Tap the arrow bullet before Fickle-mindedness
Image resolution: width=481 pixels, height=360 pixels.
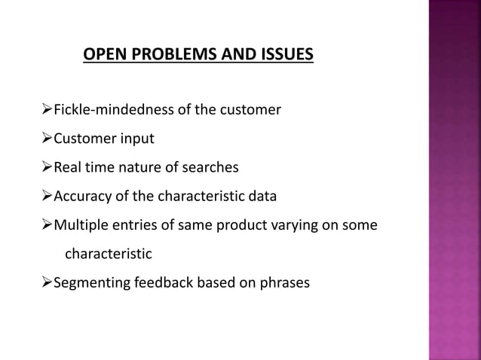44,111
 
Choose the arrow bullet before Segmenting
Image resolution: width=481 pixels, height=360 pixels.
44,283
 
